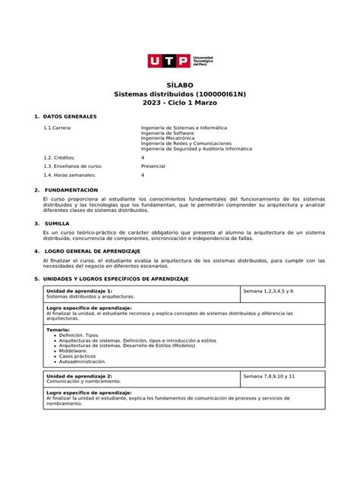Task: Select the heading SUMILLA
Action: point(58,223)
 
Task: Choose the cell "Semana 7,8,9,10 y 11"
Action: point(269,376)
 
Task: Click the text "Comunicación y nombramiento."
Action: point(79,381)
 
